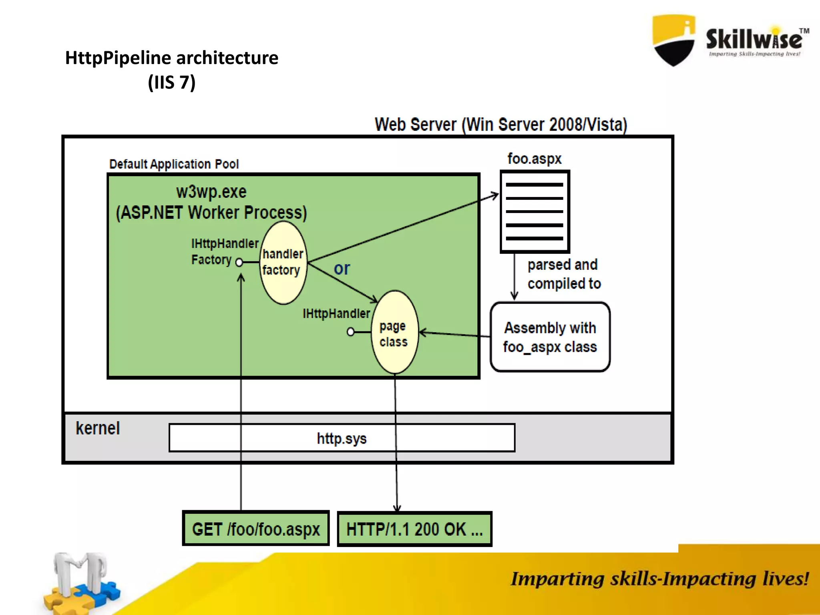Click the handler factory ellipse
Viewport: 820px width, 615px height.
tap(283, 263)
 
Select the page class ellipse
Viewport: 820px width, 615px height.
tap(394, 332)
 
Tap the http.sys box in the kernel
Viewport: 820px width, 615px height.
tap(342, 438)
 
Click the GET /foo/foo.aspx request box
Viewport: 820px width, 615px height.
tap(256, 529)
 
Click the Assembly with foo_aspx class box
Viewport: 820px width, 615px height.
tap(550, 337)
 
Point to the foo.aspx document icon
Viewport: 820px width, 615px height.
tap(535, 211)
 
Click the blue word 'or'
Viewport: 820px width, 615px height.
tap(342, 269)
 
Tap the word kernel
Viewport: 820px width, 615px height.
tap(98, 428)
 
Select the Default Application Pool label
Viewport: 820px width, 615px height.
tap(174, 164)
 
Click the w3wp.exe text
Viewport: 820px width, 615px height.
tap(211, 192)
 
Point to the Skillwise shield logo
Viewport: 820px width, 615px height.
tap(673, 40)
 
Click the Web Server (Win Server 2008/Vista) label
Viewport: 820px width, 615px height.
tap(500, 125)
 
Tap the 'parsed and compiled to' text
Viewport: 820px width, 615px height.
tap(564, 274)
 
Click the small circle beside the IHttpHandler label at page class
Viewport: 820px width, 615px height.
tap(351, 332)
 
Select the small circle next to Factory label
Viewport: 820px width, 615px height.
tap(239, 262)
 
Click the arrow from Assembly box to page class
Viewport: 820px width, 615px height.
tap(454, 334)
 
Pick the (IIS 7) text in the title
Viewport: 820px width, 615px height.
tap(171, 82)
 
